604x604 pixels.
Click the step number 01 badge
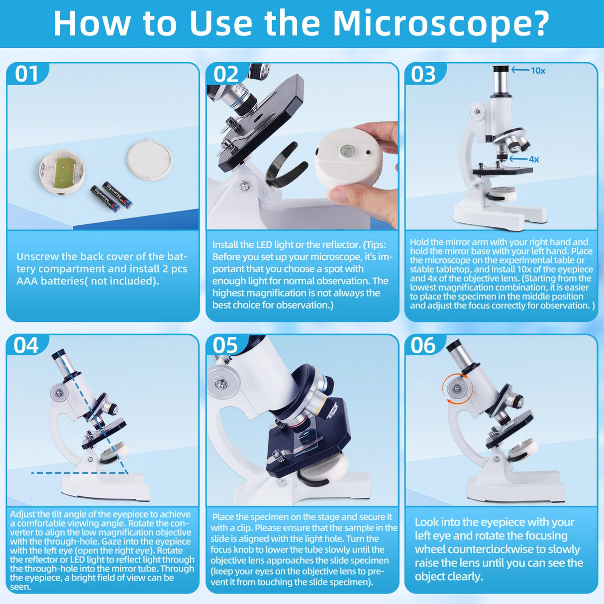26,74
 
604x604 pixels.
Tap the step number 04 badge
26,345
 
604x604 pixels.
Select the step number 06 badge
423,345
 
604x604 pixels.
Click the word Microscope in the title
440,23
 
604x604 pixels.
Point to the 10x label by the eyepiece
538,71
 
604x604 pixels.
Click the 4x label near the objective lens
534,159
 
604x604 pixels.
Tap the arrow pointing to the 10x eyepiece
520,70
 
